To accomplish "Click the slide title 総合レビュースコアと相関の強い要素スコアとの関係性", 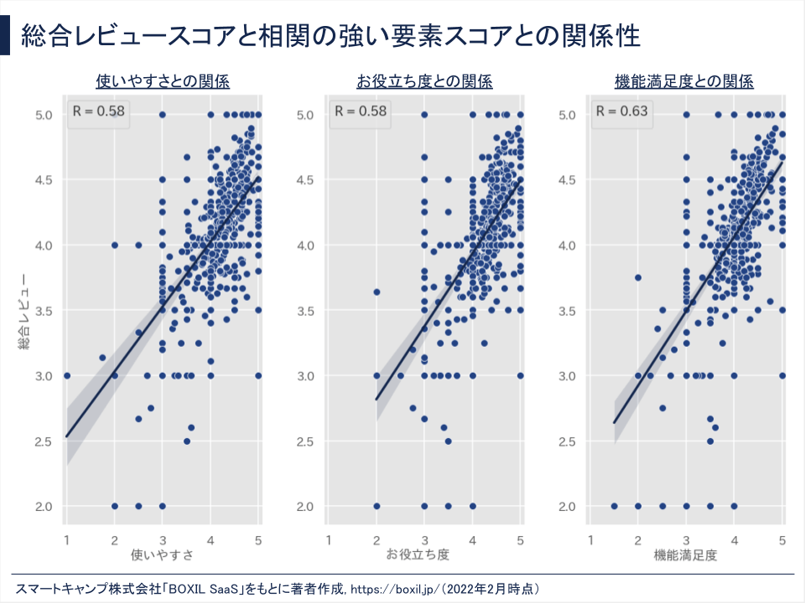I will click(331, 37).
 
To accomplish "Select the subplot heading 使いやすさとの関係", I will click(163, 81).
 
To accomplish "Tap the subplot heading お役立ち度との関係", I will click(424, 81).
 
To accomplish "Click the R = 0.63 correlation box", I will click(621, 111).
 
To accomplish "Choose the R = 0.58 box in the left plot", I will click(98, 111).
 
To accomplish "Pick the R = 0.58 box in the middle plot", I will click(360, 111).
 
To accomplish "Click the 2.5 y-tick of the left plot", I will click(44, 441).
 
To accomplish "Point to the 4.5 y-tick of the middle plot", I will click(306, 180).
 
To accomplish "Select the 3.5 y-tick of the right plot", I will click(569, 311).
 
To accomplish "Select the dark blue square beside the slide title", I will click(5, 37).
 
